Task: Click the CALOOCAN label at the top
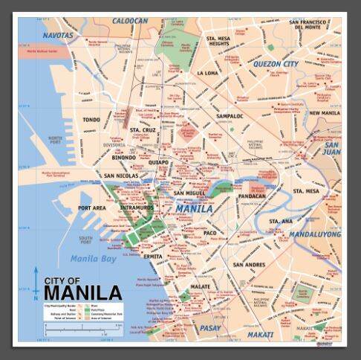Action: click(129, 22)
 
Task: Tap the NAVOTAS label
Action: click(58, 35)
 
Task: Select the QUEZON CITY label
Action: click(276, 64)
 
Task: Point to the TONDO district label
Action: click(91, 119)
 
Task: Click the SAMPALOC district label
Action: click(230, 116)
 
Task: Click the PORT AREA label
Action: click(91, 208)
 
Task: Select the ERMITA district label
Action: click(152, 257)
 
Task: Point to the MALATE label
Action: click(200, 286)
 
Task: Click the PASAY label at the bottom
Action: click(210, 327)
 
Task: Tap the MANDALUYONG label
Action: click(315, 234)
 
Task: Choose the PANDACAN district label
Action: click(251, 196)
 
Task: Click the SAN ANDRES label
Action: click(249, 265)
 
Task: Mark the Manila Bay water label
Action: click(94, 259)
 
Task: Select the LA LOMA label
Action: click(209, 74)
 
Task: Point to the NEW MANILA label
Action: click(324, 113)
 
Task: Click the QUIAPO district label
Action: click(158, 161)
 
